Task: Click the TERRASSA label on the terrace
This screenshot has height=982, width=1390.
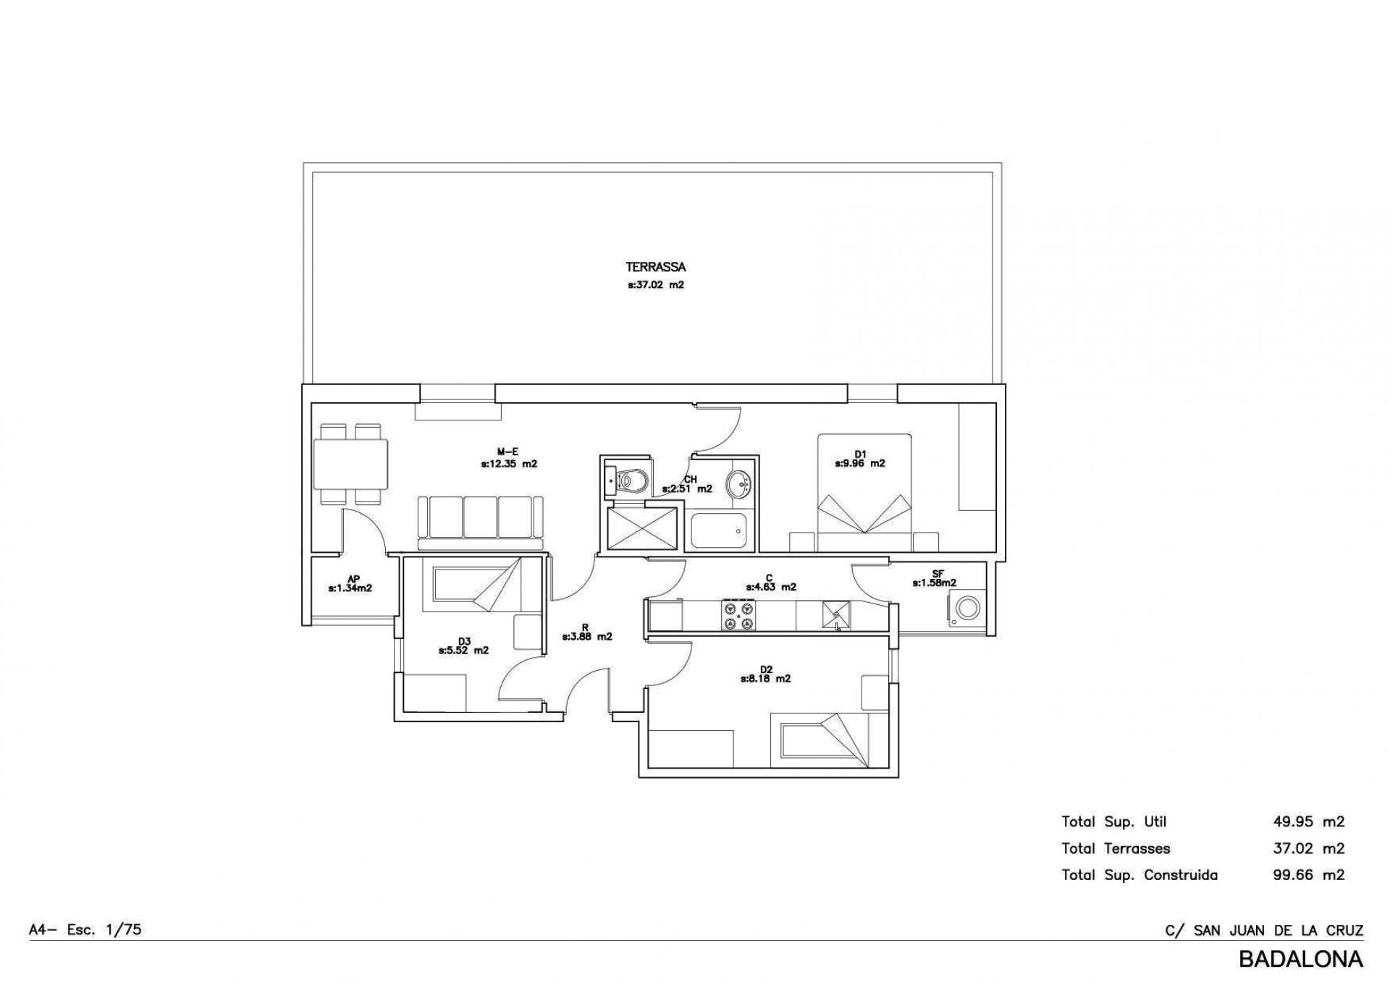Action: pos(655,267)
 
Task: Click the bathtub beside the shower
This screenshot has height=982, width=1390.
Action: pos(718,530)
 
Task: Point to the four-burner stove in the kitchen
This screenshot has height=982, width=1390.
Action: pos(738,615)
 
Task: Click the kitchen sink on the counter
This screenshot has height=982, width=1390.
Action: pos(836,615)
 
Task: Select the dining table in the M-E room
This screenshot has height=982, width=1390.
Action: pos(350,464)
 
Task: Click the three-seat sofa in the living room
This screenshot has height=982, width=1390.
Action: pos(480,523)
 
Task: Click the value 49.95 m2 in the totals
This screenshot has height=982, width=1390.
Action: pos(1309,821)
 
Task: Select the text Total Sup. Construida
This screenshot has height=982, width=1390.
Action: pos(1140,875)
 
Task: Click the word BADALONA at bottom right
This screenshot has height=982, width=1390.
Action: pos(1301,959)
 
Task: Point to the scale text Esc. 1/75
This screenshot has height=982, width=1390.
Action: pos(104,929)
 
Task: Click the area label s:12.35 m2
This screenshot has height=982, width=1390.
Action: pos(509,464)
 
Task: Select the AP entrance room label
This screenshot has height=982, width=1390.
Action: pos(353,579)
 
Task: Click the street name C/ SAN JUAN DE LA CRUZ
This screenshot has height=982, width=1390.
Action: pos(1264,930)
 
